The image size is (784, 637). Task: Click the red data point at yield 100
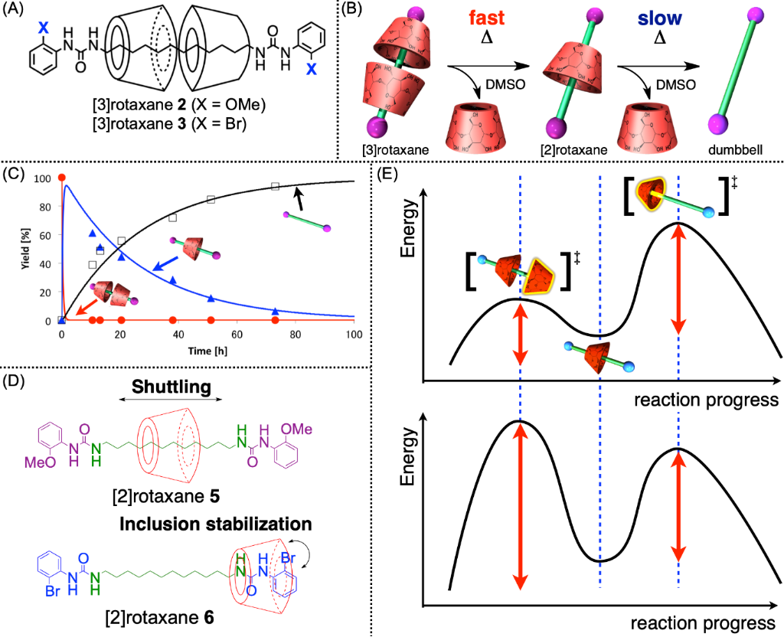pos(61,178)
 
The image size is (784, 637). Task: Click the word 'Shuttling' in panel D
pos(168,387)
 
